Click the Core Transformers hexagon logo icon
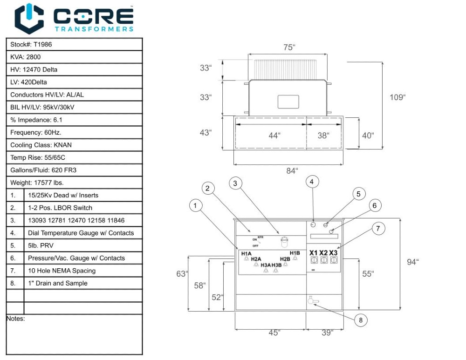pyautogui.click(x=29, y=19)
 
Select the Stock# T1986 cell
pyautogui.click(x=74, y=45)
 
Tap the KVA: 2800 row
pyautogui.click(x=74, y=57)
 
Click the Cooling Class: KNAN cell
pyautogui.click(x=74, y=145)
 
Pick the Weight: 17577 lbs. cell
pyautogui.click(x=74, y=183)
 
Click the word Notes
pyautogui.click(x=15, y=319)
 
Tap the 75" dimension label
pyautogui.click(x=289, y=48)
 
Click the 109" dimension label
pyautogui.click(x=397, y=97)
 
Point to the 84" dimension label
pyautogui.click(x=292, y=171)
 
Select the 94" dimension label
pyautogui.click(x=412, y=262)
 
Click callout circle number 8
pyautogui.click(x=361, y=320)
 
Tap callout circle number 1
pyautogui.click(x=195, y=205)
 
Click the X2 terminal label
pyautogui.click(x=323, y=253)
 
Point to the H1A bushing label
pyautogui.click(x=246, y=254)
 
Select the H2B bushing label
pyautogui.click(x=285, y=259)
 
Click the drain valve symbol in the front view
pyautogui.click(x=313, y=300)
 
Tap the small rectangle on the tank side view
pyautogui.click(x=288, y=102)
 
